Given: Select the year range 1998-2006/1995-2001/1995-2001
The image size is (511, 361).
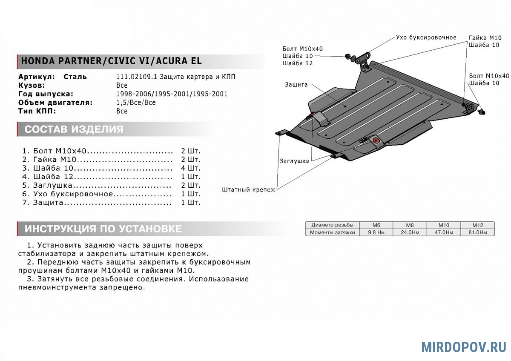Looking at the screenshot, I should coord(172,94).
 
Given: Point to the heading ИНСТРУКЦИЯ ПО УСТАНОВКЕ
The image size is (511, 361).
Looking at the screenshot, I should coord(103,229).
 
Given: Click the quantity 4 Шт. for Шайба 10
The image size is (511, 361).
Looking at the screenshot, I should coord(190,168).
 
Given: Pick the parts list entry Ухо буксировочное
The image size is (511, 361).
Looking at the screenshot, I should coord(73,194).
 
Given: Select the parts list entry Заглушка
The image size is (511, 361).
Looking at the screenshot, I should coord(53,186).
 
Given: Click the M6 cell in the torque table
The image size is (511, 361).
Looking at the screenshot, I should coord(376,225).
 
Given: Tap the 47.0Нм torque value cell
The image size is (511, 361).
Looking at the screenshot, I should coord(443,232).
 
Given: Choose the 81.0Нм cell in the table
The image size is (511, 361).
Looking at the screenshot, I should coord(477,232).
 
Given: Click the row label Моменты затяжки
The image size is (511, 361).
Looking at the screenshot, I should coord(332,232).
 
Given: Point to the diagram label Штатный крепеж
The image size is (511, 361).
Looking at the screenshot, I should coord(249,189).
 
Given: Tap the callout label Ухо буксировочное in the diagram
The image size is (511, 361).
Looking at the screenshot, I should coord(426,37).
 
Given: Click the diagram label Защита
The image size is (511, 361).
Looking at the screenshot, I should coord(296,85).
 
